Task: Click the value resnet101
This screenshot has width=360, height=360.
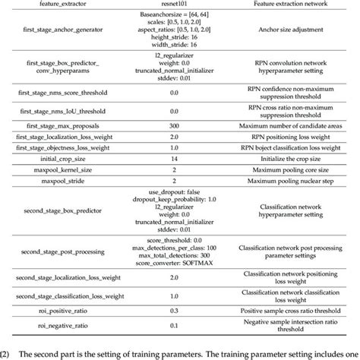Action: [x=173, y=5]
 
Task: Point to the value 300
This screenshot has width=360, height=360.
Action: [x=173, y=125]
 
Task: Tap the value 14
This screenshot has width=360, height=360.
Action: [x=173, y=159]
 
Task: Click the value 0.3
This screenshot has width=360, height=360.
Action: [x=173, y=310]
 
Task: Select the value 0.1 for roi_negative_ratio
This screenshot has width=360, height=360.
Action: [x=173, y=327]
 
